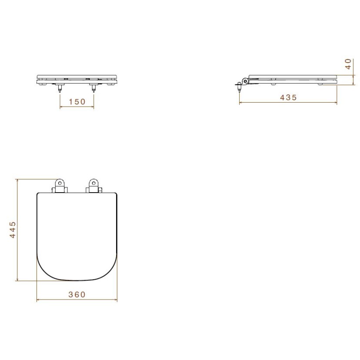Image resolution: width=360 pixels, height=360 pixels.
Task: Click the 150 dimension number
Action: click(77, 102)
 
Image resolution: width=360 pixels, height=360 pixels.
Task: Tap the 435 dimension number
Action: click(288, 97)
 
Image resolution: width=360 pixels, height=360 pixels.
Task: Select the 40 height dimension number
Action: click(348, 64)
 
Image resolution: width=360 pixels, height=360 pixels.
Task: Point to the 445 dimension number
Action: click(13, 229)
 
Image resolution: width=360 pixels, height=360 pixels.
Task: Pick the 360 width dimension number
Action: click(77, 294)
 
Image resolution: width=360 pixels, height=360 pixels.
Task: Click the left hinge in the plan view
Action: click(60, 186)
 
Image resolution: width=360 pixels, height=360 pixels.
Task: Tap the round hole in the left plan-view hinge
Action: click(60, 183)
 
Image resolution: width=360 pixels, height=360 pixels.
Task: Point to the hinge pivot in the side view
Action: click(246, 81)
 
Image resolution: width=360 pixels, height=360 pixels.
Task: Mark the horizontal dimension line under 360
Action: click(77, 300)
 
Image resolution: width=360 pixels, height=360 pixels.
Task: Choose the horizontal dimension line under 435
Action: click(288, 103)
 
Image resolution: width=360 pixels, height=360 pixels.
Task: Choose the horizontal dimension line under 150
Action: click(77, 107)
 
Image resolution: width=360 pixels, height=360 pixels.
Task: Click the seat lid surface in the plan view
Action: click(77, 235)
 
